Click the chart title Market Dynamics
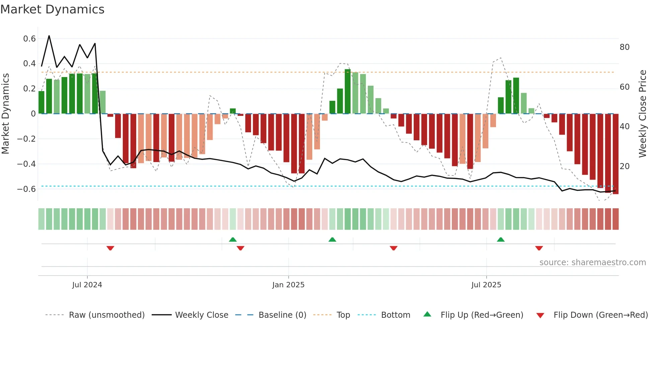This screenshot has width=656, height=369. coord(52,9)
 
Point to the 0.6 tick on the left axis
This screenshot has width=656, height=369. coord(29,39)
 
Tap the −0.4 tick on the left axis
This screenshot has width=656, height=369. coord(26,164)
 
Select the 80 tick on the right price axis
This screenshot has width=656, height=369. coord(625,47)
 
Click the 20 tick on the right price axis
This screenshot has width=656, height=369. coord(625,166)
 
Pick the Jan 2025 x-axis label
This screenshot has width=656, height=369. coord(288,285)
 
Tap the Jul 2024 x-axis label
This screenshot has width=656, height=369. coord(87,285)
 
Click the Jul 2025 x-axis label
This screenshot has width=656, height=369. coord(486,285)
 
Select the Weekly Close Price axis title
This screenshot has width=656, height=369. coord(642,114)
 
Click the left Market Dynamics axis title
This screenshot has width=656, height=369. coord(5,114)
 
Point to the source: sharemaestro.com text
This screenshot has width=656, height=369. coord(592,263)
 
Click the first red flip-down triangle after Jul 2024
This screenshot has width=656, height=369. coord(110,248)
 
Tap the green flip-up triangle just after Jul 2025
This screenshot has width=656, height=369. coord(501,239)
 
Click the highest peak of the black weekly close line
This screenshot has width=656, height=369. coord(49,36)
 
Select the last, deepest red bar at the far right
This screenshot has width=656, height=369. coord(616,154)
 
